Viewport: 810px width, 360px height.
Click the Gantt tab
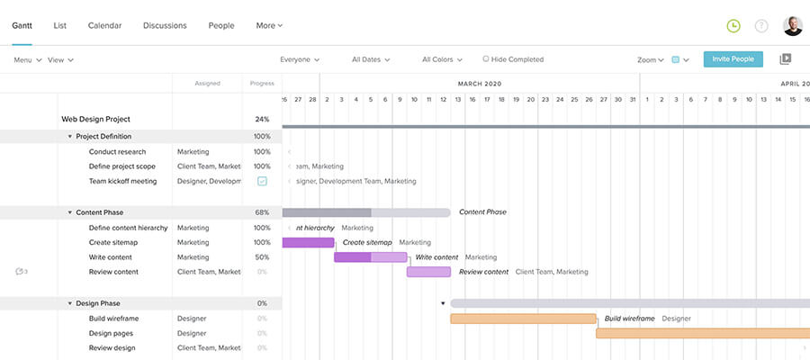point(22,26)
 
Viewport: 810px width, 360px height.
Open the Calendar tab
point(104,26)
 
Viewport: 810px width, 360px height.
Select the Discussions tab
point(166,26)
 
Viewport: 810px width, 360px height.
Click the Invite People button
point(733,59)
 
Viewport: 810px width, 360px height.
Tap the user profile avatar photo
point(792,26)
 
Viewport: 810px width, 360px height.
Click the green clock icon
point(733,26)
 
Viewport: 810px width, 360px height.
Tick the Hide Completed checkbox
point(486,59)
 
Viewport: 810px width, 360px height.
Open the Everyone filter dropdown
point(300,60)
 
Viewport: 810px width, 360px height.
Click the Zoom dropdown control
point(650,60)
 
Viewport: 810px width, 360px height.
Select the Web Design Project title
point(95,119)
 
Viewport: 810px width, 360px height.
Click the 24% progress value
point(262,119)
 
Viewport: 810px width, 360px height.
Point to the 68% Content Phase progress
point(262,212)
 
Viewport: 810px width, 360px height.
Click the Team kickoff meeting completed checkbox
point(262,181)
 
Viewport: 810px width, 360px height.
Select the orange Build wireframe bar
point(523,319)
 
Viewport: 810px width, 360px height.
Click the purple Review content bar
point(428,272)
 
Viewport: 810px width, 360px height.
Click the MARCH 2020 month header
point(479,84)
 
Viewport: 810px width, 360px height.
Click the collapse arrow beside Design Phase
point(70,303)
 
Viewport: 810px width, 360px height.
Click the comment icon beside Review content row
point(21,272)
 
